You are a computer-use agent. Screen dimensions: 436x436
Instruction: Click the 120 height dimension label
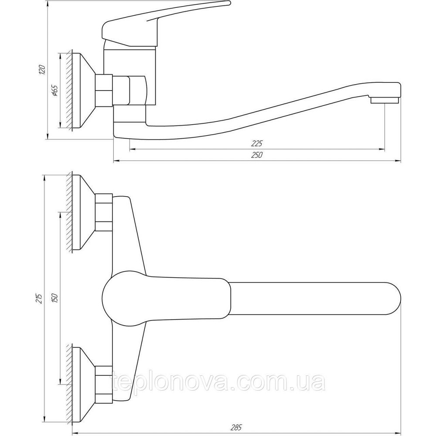42,69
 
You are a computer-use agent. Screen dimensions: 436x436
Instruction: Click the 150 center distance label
54,299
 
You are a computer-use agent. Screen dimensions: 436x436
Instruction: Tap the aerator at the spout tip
385,100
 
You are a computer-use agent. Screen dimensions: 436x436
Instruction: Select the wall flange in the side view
83,91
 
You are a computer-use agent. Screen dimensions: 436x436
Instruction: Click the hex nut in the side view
105,90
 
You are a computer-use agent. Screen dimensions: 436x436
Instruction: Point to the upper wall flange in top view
83,212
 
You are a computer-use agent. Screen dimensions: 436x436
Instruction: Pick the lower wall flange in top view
83,384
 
